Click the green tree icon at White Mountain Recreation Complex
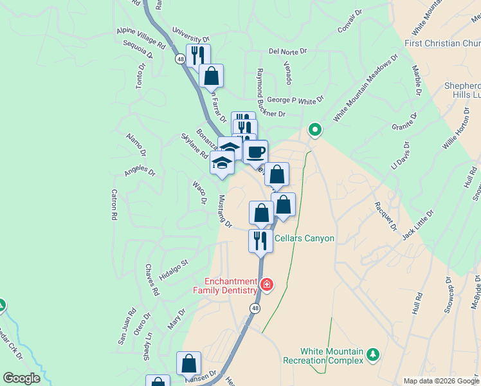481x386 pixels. (x=372, y=354)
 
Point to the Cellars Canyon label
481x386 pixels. (x=304, y=238)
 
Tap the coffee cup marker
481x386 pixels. (x=255, y=152)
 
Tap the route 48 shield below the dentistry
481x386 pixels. (x=255, y=309)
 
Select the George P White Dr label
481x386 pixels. (x=295, y=100)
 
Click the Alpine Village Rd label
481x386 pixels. (x=141, y=38)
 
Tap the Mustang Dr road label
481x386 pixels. (x=224, y=211)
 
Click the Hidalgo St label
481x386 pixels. (x=174, y=269)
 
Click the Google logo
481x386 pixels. (x=21, y=378)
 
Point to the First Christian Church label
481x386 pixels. (x=442, y=43)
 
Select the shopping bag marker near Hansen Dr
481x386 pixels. (x=189, y=363)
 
